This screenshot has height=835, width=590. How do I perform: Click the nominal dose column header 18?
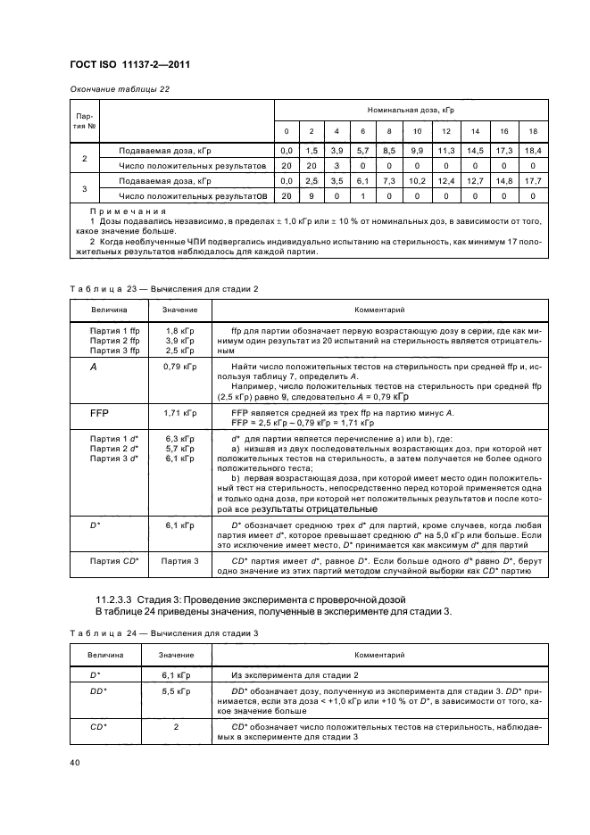[x=532, y=131]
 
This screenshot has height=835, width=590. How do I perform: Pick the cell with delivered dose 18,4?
[x=532, y=151]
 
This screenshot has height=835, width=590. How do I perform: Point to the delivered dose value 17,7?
[x=532, y=181]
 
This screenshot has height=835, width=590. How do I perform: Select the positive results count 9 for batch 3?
[x=312, y=195]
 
